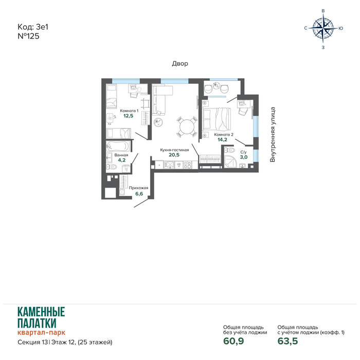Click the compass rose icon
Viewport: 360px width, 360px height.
323,28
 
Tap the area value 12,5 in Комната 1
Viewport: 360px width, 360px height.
128,116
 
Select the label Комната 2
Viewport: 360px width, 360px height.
224,135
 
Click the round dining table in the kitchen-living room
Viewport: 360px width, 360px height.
187,127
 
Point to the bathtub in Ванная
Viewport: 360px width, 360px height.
118,146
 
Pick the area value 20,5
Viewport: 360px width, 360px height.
174,155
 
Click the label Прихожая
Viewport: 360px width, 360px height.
138,188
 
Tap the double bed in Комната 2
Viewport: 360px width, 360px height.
216,119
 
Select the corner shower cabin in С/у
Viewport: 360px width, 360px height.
230,161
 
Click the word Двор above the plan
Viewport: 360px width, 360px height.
180,63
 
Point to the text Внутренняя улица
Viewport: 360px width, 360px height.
273,135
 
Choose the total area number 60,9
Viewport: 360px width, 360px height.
233,341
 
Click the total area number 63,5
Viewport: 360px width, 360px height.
287,341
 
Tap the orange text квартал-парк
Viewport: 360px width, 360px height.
41,332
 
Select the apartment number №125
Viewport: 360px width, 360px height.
28,37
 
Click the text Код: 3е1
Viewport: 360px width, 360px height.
33,27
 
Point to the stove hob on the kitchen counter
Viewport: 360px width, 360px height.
187,165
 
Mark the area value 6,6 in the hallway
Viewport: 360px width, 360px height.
139,194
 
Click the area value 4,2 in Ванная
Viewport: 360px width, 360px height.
121,160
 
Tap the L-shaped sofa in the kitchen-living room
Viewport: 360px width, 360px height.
160,99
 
